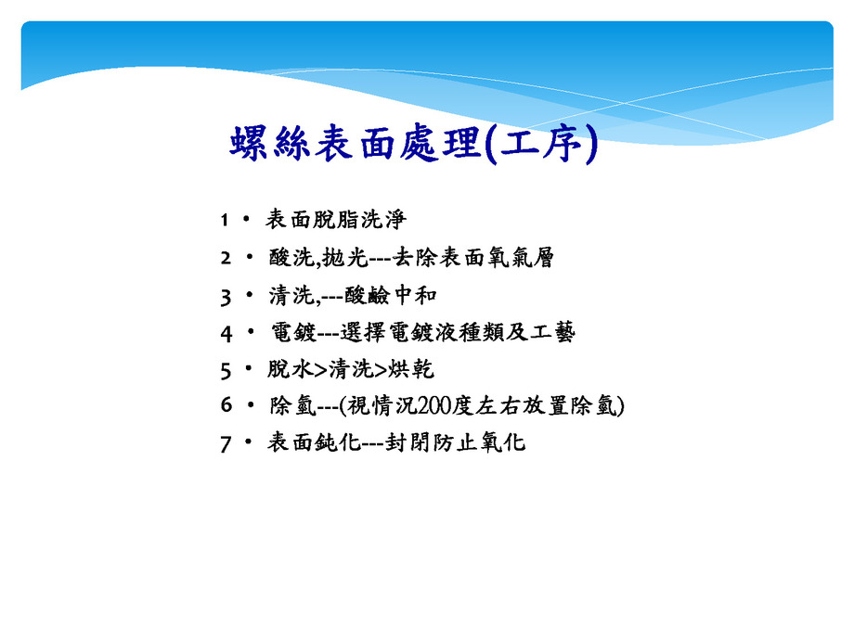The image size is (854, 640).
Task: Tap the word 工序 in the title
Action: click(543, 144)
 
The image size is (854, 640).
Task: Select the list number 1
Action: click(224, 220)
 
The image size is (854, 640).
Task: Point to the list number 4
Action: click(226, 332)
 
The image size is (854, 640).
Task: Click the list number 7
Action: click(226, 443)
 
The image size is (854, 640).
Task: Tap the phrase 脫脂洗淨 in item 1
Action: click(359, 220)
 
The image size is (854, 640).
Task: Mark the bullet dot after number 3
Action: click(249, 294)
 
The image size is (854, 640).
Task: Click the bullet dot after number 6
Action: click(249, 405)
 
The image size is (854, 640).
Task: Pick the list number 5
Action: click(226, 369)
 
